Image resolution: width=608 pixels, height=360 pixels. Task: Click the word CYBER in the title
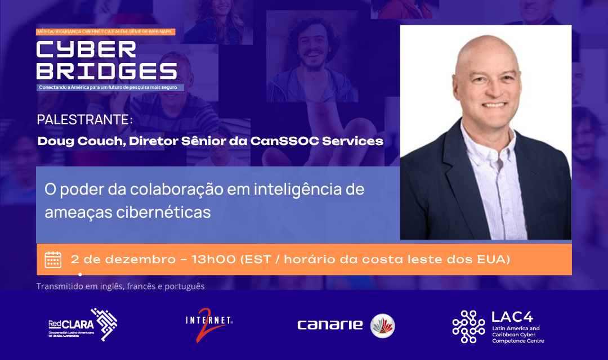(86, 49)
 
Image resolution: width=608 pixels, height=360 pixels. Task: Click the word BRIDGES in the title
(106, 71)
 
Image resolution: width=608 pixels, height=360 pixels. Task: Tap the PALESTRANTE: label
(85, 120)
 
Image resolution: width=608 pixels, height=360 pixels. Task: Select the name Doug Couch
(79, 141)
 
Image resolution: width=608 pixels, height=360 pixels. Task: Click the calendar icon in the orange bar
(53, 259)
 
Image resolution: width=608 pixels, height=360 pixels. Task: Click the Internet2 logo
(209, 326)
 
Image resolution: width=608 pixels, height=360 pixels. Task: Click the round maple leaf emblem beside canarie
(383, 326)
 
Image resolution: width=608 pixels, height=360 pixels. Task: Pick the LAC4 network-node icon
(468, 326)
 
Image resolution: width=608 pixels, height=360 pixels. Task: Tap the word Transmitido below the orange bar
(59, 286)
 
